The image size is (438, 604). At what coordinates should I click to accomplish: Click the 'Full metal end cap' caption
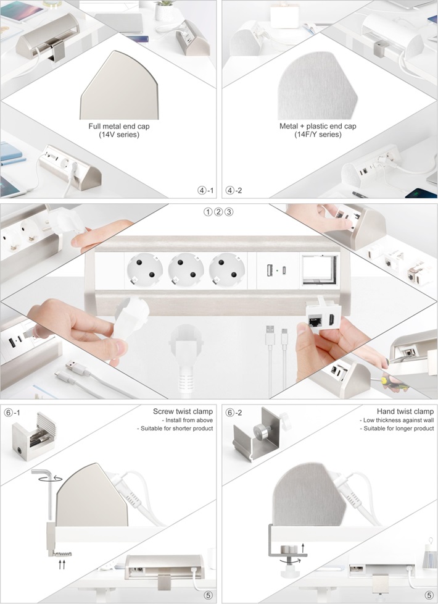click(x=119, y=127)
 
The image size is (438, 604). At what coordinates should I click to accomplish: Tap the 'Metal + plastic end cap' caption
click(x=318, y=127)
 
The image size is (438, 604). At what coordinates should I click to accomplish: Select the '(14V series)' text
click(x=119, y=135)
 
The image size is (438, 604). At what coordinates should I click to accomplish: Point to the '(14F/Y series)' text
click(x=318, y=135)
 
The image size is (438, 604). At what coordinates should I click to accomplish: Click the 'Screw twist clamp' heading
click(x=183, y=411)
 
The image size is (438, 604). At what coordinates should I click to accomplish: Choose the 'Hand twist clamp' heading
click(x=405, y=411)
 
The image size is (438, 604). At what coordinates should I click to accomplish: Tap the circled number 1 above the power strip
click(x=208, y=212)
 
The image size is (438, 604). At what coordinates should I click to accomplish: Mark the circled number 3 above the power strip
click(x=229, y=212)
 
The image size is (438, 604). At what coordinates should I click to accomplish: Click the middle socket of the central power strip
click(x=186, y=270)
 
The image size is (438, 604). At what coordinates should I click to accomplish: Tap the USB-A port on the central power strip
click(x=270, y=271)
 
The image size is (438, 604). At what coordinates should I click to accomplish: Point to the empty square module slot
click(x=320, y=271)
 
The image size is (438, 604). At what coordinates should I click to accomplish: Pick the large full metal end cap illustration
click(x=119, y=85)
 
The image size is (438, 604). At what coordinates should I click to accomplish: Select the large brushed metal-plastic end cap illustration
click(x=318, y=85)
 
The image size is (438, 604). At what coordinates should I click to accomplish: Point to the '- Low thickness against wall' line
click(x=397, y=420)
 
